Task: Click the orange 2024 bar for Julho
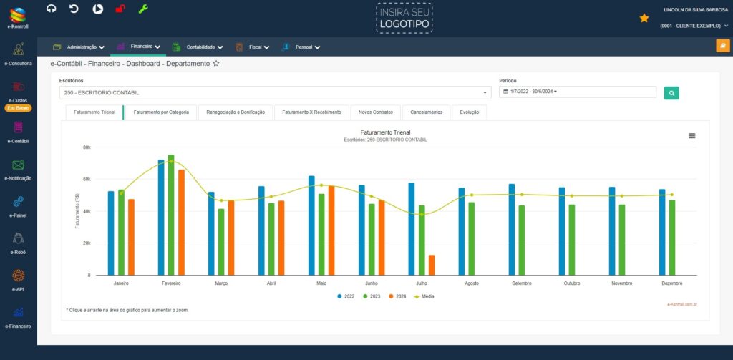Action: click(x=432, y=265)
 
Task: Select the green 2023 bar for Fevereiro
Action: click(x=171, y=215)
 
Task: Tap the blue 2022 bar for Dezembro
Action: click(x=662, y=232)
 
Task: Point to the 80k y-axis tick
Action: click(x=87, y=147)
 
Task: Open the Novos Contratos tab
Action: click(x=376, y=112)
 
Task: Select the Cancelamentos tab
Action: click(x=427, y=112)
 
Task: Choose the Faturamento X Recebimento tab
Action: click(x=312, y=112)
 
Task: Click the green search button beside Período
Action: click(x=671, y=92)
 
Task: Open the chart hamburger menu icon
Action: click(x=691, y=136)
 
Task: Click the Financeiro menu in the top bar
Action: click(x=139, y=47)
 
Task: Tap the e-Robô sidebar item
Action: click(x=19, y=243)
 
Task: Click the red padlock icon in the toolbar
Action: click(x=120, y=9)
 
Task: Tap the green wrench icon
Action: click(x=143, y=9)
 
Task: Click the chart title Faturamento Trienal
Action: click(x=385, y=132)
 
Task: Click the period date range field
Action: click(x=577, y=92)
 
